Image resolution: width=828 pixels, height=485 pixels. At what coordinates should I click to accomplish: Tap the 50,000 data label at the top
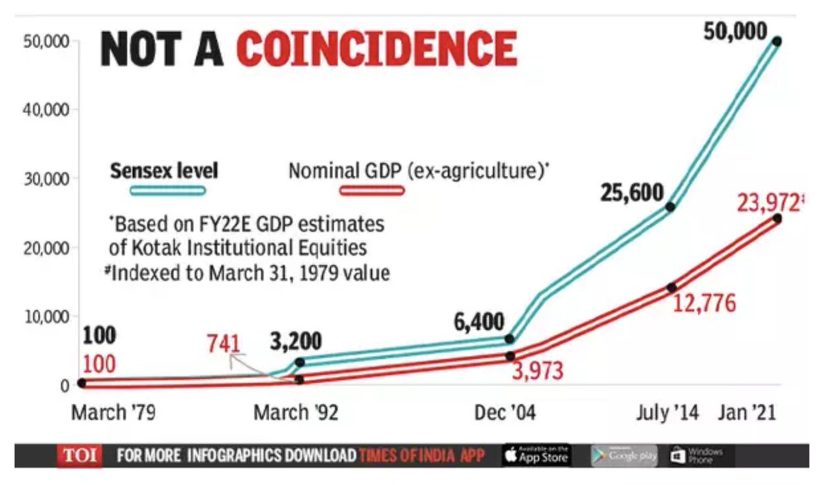735,31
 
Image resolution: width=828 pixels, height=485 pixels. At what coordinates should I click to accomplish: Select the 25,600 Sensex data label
631,192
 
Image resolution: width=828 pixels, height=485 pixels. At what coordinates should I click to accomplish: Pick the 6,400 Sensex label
479,321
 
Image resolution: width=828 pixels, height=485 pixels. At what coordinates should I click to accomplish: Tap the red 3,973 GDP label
537,370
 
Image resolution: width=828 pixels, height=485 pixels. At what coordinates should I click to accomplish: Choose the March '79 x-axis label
113,413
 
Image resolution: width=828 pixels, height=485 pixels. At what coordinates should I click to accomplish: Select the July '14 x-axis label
667,413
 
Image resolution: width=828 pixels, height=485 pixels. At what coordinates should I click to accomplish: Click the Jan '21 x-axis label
747,413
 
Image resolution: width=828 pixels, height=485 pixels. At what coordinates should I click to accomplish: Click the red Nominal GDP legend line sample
371,190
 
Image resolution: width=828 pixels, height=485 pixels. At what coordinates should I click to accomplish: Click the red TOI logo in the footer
79,456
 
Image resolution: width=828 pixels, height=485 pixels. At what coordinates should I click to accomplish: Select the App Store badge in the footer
536,456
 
